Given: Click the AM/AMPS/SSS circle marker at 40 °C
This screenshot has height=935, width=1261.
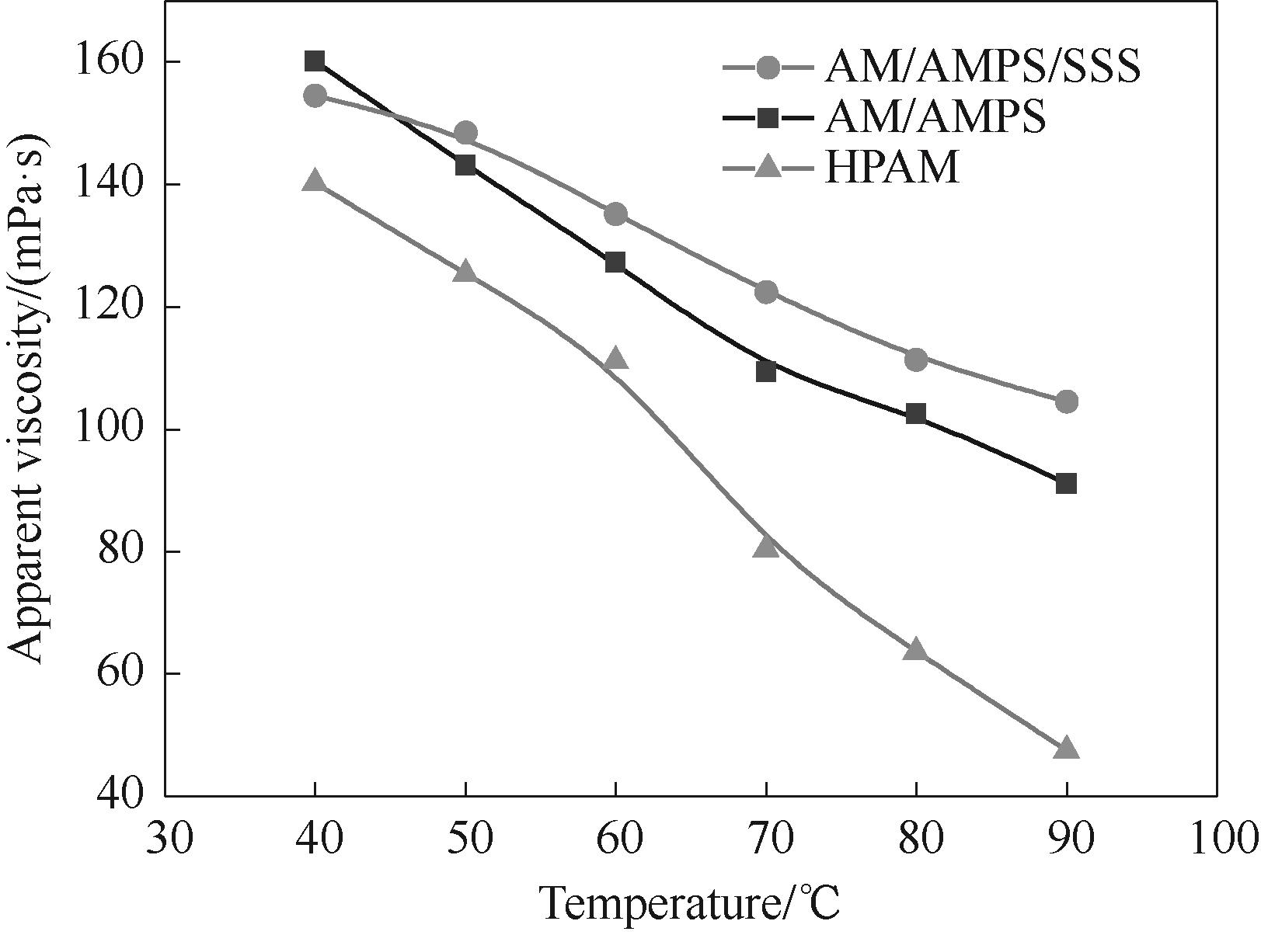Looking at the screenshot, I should (315, 96).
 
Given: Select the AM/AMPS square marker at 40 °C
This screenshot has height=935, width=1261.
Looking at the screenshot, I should (315, 61).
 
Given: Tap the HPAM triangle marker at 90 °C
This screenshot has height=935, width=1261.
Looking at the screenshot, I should (1067, 748).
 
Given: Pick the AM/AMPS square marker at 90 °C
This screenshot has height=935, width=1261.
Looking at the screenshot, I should (1067, 484).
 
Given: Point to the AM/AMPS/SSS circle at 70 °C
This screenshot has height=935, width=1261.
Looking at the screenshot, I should (766, 292).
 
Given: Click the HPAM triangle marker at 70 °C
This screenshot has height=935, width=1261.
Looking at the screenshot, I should (766, 547).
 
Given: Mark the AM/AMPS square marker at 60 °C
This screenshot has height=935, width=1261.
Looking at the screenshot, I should (615, 262).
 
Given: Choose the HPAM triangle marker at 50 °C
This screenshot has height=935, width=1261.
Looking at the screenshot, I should (465, 272).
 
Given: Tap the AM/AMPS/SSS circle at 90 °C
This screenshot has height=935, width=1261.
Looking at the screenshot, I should (1067, 401).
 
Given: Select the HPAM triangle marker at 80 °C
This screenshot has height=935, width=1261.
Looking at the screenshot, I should (916, 649).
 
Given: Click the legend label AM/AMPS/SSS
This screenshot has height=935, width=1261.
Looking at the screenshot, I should (982, 68).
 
